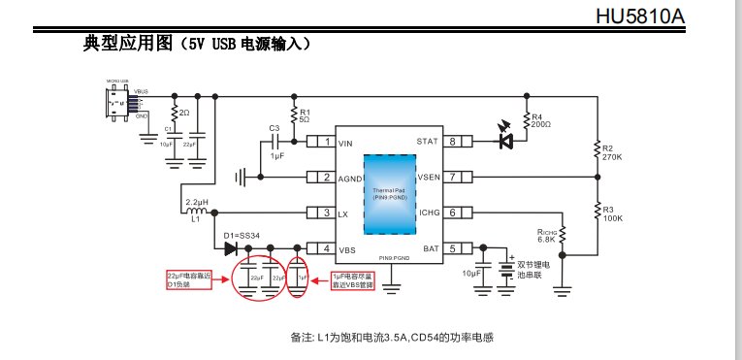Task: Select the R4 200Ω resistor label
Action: tap(541, 120)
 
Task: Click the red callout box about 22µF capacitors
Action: tap(192, 279)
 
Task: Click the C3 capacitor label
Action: tap(274, 128)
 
